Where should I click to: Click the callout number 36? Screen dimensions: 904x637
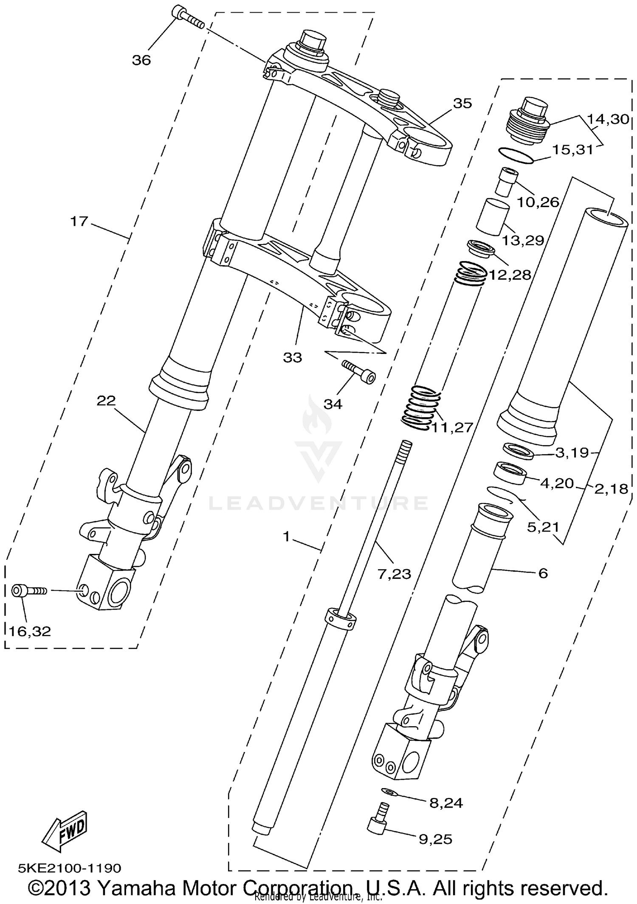[141, 60]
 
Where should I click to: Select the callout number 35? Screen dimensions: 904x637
[462, 103]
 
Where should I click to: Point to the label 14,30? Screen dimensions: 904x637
[608, 119]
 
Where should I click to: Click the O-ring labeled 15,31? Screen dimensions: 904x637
[516, 155]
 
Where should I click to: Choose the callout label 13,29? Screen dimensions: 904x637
[523, 240]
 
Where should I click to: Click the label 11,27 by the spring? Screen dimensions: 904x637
[452, 427]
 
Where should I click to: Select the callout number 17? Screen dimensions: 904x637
[79, 221]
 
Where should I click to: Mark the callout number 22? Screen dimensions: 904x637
[106, 400]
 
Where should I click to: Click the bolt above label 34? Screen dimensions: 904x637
[359, 371]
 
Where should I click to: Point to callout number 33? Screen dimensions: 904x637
[293, 357]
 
